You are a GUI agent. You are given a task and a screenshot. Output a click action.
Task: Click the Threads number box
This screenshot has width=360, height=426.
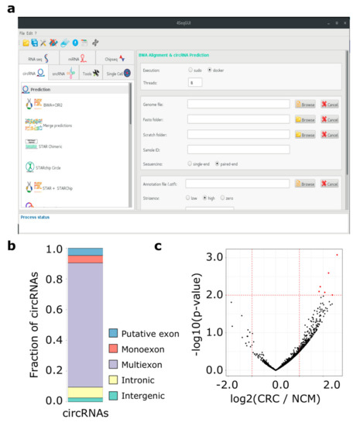[195, 82]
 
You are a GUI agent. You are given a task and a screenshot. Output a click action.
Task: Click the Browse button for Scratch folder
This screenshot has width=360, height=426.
[304, 134]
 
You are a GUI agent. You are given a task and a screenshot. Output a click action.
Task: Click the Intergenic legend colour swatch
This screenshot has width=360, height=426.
[113, 395]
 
